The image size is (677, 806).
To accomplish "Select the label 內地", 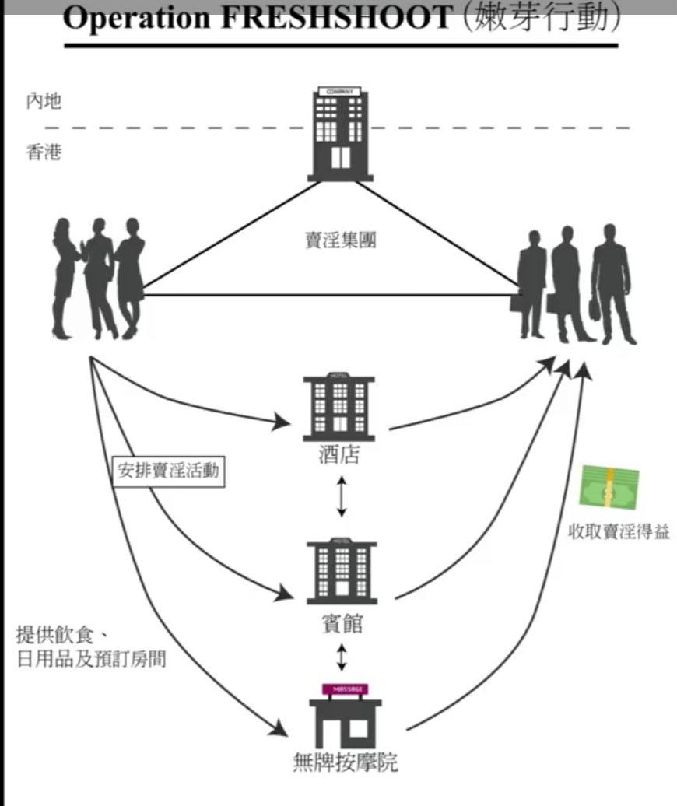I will click(x=44, y=101).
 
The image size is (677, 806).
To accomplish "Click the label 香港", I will click(x=44, y=152).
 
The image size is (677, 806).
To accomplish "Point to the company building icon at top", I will click(x=340, y=134).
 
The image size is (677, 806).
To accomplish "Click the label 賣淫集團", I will click(x=340, y=240).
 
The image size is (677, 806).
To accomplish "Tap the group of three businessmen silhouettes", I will click(x=574, y=284).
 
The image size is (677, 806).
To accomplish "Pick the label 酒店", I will click(x=340, y=455).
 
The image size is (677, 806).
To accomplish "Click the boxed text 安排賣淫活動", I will click(x=168, y=471).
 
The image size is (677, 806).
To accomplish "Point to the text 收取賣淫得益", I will click(x=619, y=532).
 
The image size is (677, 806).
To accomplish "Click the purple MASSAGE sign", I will click(x=345, y=689).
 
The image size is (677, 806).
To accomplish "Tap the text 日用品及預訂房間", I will click(x=91, y=660).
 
